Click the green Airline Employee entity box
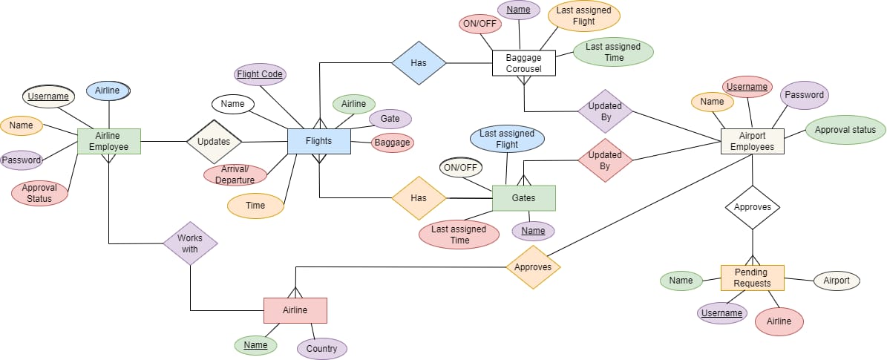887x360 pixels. [108, 141]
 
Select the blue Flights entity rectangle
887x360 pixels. [318, 141]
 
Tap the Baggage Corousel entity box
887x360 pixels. [523, 63]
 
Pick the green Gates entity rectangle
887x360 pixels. [523, 198]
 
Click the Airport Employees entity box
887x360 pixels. [752, 141]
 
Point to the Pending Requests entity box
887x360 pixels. [752, 278]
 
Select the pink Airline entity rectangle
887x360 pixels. [295, 310]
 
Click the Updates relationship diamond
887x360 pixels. [214, 141]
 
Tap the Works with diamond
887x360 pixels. [190, 243]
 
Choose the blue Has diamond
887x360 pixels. [419, 63]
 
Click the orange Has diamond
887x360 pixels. [419, 198]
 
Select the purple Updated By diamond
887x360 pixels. [605, 111]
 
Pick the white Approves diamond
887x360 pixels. [752, 207]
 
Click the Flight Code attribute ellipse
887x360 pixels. [259, 74]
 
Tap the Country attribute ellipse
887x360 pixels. [321, 348]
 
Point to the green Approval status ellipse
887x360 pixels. [845, 130]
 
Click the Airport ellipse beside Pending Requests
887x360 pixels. [837, 281]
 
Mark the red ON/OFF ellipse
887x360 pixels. [479, 23]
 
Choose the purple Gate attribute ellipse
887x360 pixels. [390, 118]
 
